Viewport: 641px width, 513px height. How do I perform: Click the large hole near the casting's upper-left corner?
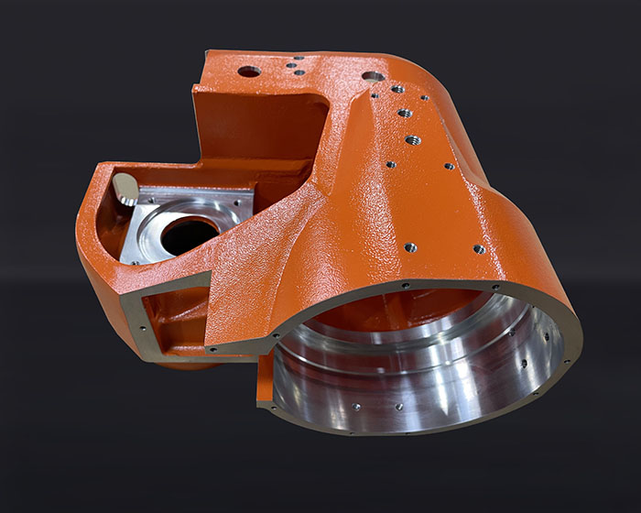[x=248, y=71]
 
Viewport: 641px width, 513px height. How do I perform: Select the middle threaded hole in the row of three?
[x=405, y=114]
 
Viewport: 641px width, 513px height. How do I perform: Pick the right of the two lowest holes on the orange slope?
[x=479, y=248]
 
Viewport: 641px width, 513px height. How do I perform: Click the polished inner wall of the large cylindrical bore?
[x=430, y=366]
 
